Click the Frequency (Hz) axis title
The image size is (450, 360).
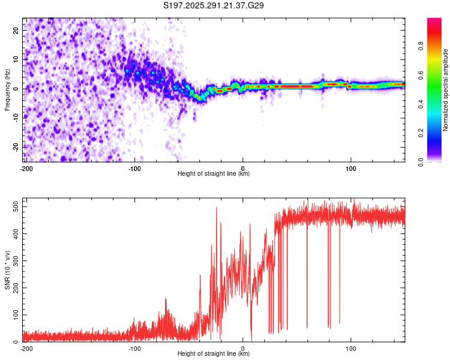[x=7, y=89]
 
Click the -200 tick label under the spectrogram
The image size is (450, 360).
[x=26, y=167]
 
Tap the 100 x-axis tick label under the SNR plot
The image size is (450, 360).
[x=350, y=347]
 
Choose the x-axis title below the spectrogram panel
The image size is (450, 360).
[x=214, y=174]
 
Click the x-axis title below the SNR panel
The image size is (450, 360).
[x=214, y=354]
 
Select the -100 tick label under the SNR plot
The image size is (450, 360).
[x=134, y=347]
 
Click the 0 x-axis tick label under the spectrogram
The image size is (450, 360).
[x=242, y=167]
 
